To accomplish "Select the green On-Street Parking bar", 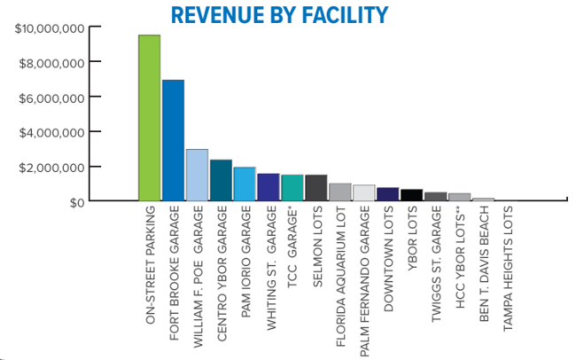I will point(149,118).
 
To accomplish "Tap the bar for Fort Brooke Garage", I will point(173,140).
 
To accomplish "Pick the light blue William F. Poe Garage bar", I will point(197,176).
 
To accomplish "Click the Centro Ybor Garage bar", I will point(221,181).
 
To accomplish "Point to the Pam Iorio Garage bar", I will point(245,184).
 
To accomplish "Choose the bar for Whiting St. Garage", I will point(269,187).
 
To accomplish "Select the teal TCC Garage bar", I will point(292,188).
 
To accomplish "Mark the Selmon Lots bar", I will point(315,188).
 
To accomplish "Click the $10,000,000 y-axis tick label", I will point(50,28).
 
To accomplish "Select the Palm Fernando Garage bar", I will point(363,193).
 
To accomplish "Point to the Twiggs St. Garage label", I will point(437,267).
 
